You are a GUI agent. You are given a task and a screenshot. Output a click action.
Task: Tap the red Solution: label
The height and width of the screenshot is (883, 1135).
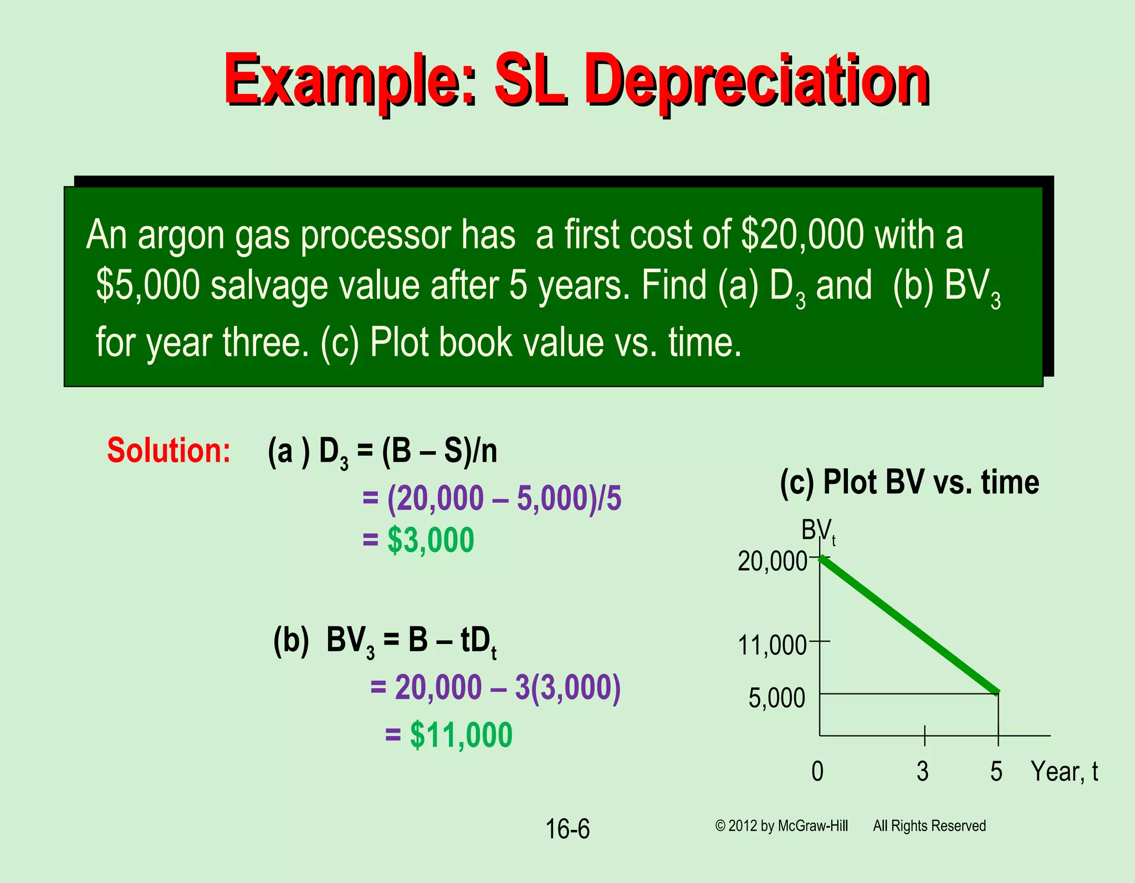[x=168, y=450]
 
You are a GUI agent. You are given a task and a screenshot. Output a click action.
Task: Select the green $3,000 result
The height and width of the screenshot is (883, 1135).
[x=431, y=540]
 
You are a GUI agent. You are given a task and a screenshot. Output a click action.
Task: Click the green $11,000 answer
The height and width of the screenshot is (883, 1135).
[x=461, y=735]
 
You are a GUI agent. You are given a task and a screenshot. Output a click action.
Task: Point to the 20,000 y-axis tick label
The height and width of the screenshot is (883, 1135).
[x=772, y=562]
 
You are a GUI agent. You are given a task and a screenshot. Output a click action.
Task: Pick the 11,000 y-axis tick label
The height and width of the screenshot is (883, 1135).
[x=772, y=645]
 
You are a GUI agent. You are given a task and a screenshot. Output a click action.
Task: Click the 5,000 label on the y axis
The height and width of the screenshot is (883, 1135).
[x=776, y=698]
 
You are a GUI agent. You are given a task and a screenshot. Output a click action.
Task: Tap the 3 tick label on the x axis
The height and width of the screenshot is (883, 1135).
[x=922, y=771]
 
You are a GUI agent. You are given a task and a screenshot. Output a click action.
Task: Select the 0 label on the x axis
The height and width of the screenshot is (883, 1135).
[x=817, y=771]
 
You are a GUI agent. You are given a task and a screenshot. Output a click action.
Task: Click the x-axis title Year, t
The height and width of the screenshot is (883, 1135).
[x=1064, y=771]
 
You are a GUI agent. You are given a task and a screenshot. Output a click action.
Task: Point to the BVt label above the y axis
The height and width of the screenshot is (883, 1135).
[x=818, y=531]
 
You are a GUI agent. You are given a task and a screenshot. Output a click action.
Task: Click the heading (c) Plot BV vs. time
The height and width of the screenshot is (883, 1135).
[x=909, y=482]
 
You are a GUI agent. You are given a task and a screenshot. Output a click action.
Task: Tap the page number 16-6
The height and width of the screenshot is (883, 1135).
[x=567, y=829]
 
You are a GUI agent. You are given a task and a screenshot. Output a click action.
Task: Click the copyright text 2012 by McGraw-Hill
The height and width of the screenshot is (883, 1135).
[x=787, y=826]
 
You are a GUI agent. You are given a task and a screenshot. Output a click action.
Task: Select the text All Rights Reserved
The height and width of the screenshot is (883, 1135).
[x=929, y=826]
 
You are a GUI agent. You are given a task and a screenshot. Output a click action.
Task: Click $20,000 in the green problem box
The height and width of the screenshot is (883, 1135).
[x=802, y=234]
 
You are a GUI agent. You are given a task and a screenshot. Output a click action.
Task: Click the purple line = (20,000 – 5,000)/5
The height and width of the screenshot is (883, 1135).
[x=492, y=498]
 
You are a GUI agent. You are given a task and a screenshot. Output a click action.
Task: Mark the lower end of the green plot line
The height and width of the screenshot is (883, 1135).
[x=996, y=692]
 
